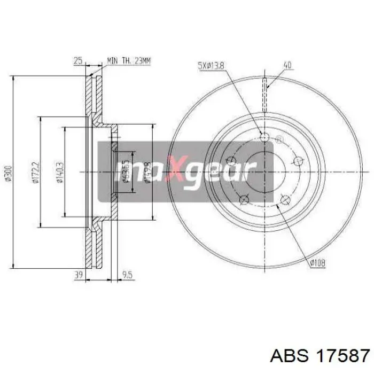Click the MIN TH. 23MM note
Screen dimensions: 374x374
point(129,60)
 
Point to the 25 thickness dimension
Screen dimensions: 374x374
point(78,60)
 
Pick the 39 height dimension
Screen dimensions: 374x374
point(78,275)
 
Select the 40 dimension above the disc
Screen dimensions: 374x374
point(287,66)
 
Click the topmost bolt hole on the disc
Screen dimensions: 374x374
point(264,137)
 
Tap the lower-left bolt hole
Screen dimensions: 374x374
point(244,199)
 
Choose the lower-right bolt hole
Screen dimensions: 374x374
point(285,200)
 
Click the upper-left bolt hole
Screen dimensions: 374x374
point(231,160)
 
